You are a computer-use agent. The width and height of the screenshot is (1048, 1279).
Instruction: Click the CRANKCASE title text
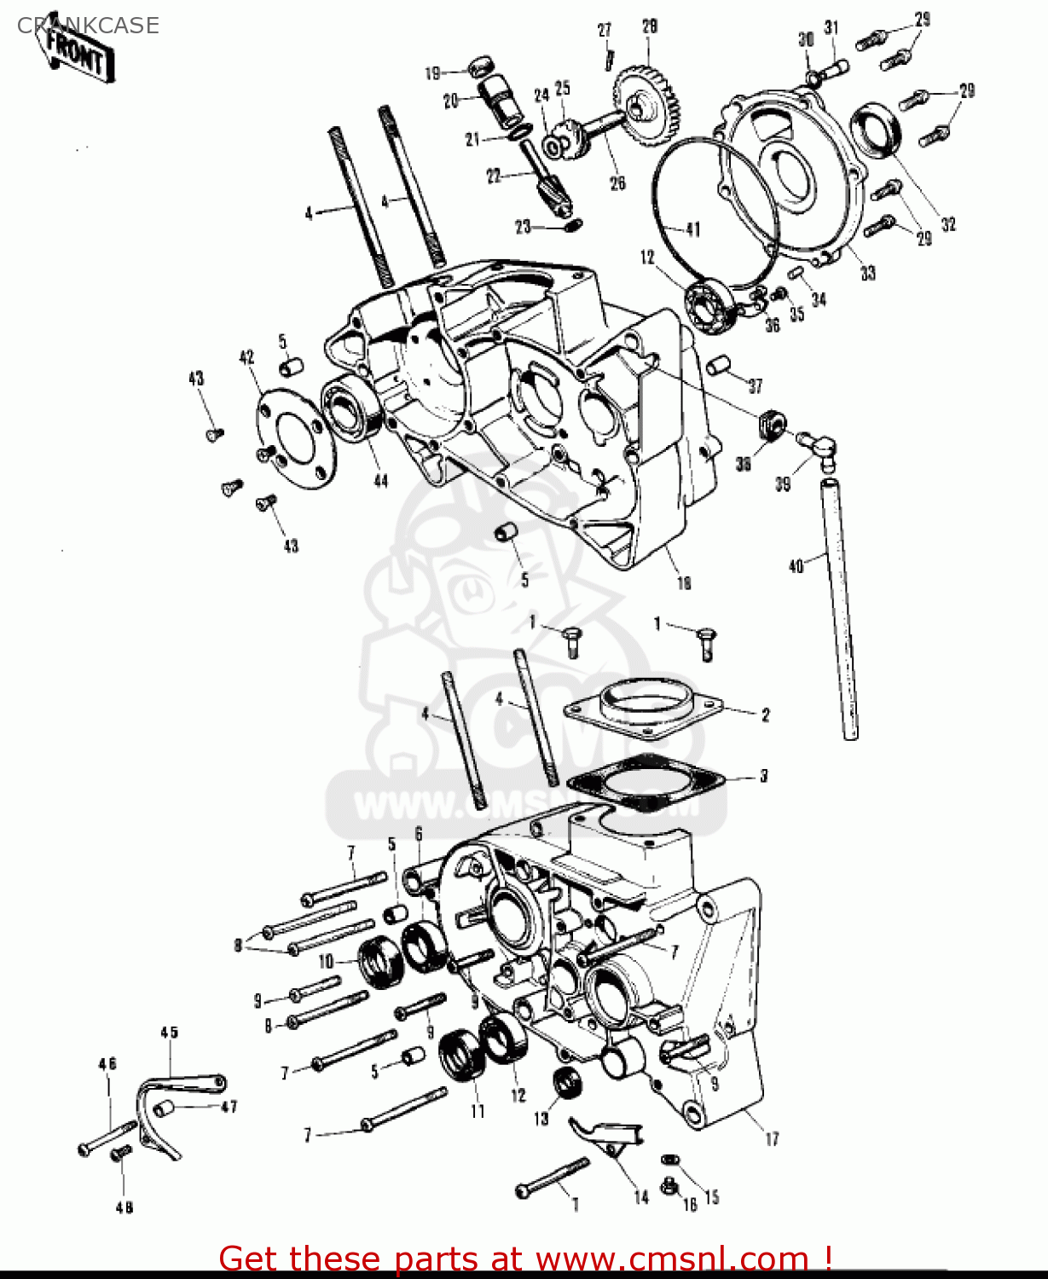[x=88, y=26]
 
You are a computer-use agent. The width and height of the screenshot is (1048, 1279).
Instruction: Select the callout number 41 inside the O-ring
[x=692, y=229]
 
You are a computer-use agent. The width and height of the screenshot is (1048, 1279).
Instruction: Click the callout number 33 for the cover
[x=867, y=273]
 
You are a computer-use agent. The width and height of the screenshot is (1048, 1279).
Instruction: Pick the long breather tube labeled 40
[x=840, y=610]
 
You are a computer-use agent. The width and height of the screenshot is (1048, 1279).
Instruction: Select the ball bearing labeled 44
[x=351, y=408]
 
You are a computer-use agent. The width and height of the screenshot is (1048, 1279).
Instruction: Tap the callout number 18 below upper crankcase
[x=684, y=583]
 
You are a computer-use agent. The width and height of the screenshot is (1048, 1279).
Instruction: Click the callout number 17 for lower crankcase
[x=772, y=1138]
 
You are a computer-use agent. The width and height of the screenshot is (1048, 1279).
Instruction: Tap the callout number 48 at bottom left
[x=124, y=1207]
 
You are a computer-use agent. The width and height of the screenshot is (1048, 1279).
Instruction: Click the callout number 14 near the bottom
[x=641, y=1196]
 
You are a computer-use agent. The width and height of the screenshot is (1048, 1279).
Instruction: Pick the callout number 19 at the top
[x=433, y=73]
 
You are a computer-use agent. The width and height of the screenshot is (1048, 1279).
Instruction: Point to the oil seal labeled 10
[x=381, y=962]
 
